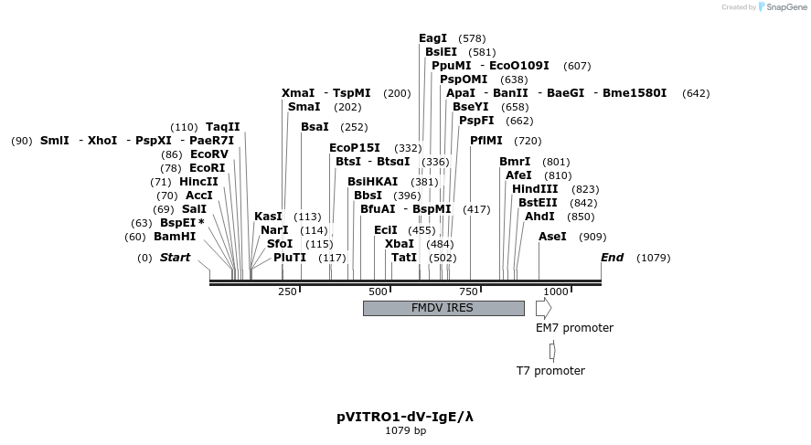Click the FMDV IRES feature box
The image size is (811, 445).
point(443,308)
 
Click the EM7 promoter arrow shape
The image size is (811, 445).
point(543,308)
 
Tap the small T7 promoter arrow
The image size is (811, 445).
point(552,351)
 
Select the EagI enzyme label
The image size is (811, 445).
point(432,38)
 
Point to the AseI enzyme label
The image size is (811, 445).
point(552,237)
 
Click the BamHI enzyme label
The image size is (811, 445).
point(175,237)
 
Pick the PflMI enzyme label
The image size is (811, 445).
point(486,141)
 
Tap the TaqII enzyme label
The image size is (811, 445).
point(223,127)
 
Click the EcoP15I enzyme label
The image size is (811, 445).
point(355,148)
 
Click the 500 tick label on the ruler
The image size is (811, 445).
point(378,291)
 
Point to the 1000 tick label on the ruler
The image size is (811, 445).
point(556,291)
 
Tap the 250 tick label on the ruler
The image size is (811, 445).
point(287,291)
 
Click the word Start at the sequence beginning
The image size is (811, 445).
point(175,258)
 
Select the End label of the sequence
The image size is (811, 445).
point(612,258)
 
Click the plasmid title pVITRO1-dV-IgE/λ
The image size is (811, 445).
point(405,417)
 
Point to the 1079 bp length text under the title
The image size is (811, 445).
point(405,430)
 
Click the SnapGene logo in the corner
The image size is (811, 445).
point(783,7)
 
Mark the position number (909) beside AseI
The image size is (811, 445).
point(592,237)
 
